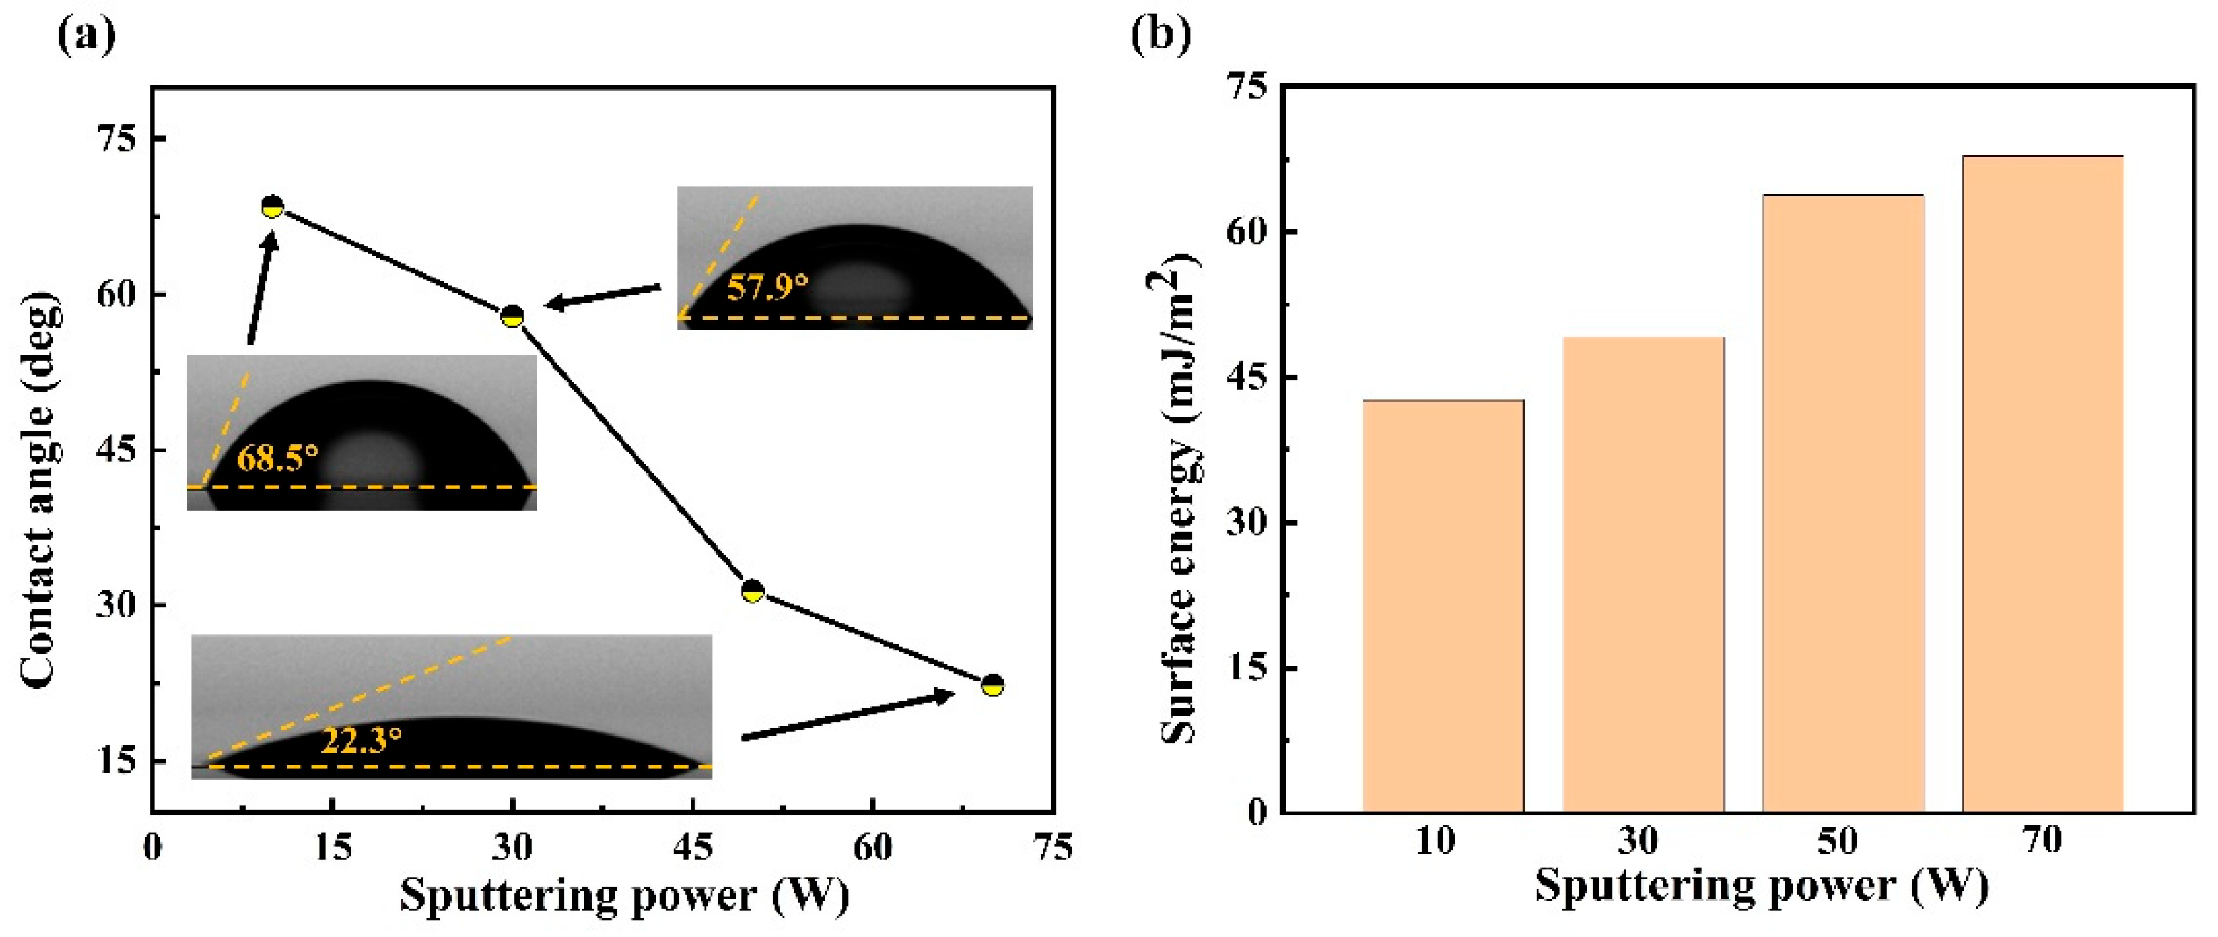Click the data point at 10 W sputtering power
point(272,206)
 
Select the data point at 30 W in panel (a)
point(512,316)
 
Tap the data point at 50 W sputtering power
point(753,591)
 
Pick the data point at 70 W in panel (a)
point(992,685)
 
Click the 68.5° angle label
point(277,459)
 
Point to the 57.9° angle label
point(767,288)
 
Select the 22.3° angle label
point(361,740)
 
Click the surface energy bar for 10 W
point(1443,607)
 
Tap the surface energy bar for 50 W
point(1842,503)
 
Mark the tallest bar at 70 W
point(2043,483)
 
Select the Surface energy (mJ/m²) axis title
point(1180,499)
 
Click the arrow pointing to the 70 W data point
point(848,715)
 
